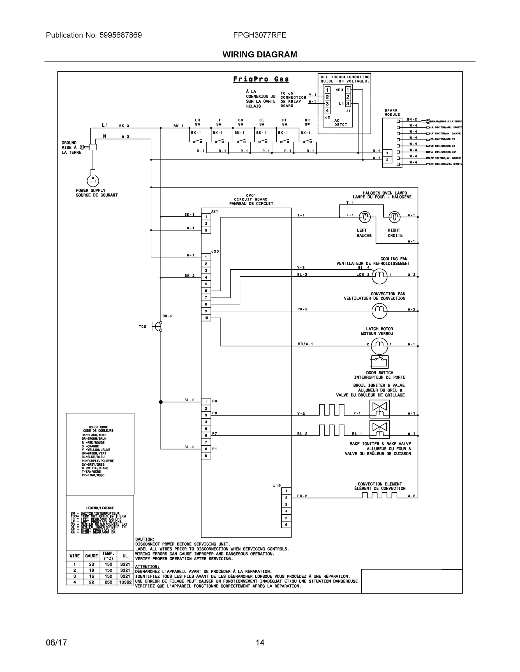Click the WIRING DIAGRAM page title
pyautogui.click(x=260, y=55)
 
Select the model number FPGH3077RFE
pyautogui.click(x=260, y=35)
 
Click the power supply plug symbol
pyautogui.click(x=93, y=180)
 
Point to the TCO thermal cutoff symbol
pyautogui.click(x=157, y=326)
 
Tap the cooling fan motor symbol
pyautogui.click(x=379, y=275)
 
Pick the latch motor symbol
pyautogui.click(x=379, y=345)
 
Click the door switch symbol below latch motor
pyautogui.click(x=380, y=361)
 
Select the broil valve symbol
pyautogui.click(x=380, y=409)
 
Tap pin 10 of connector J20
pyautogui.click(x=206, y=318)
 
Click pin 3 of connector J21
pyautogui.click(x=206, y=230)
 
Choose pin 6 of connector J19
pyautogui.click(x=286, y=525)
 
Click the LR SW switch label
pyautogui.click(x=197, y=122)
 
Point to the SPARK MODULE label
pyautogui.click(x=392, y=112)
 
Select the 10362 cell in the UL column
pyautogui.click(x=125, y=582)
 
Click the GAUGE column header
pyautogui.click(x=91, y=556)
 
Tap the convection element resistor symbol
pyautogui.click(x=379, y=495)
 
